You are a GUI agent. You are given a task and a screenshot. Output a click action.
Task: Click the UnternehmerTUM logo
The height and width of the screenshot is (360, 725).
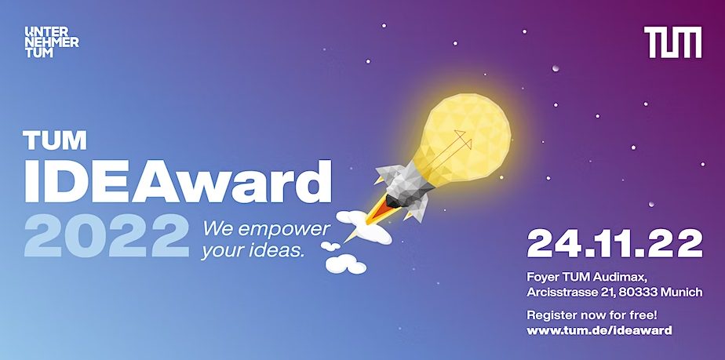point(52,42)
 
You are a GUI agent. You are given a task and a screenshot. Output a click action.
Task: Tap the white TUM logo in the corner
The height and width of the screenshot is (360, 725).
point(672,42)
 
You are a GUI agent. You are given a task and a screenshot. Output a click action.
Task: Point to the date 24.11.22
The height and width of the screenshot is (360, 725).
point(614,245)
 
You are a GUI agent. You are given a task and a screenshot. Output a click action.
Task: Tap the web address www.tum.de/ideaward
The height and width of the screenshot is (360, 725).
point(599,330)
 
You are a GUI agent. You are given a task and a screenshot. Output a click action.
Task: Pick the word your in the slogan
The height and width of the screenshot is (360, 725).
point(220,253)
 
